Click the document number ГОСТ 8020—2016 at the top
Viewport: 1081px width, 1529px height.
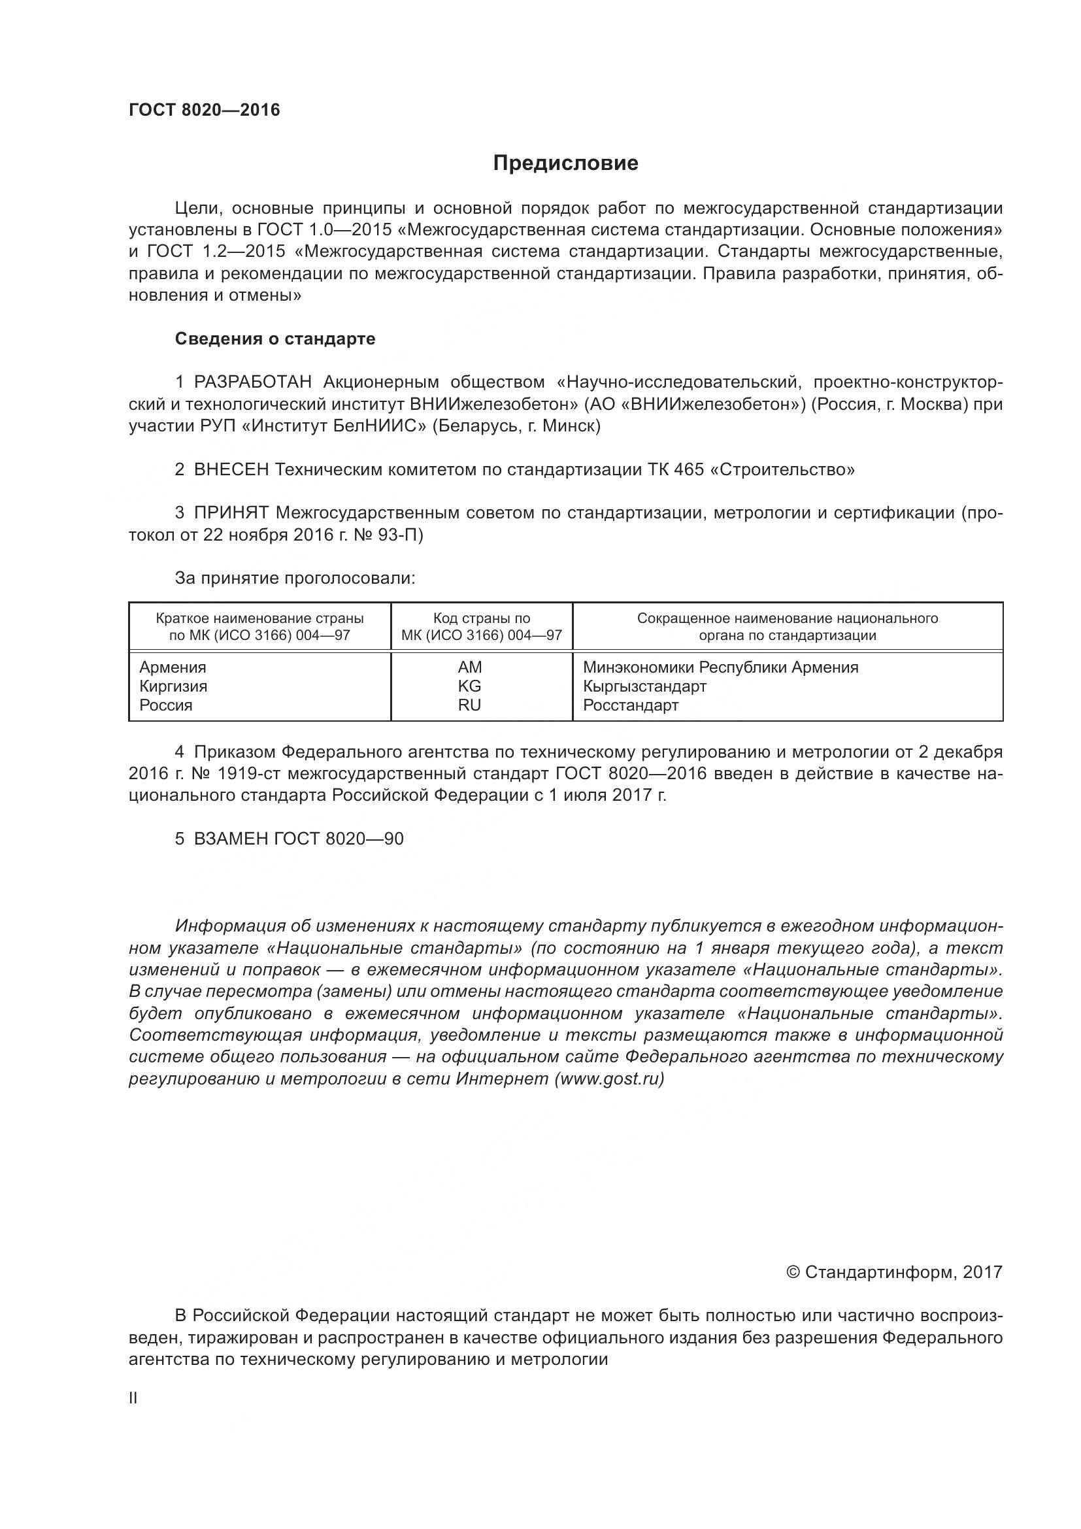click(x=205, y=110)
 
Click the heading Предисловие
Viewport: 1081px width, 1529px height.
click(x=565, y=163)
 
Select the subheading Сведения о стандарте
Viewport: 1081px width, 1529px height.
click(x=275, y=339)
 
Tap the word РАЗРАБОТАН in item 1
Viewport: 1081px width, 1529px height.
click(x=252, y=382)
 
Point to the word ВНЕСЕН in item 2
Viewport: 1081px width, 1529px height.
click(x=231, y=469)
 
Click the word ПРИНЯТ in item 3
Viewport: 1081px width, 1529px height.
click(x=231, y=512)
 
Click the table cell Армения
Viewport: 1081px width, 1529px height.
click(x=173, y=667)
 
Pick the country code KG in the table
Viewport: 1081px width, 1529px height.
click(x=469, y=686)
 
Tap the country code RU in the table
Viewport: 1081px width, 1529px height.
click(x=469, y=705)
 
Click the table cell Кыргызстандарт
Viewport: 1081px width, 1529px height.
click(x=644, y=686)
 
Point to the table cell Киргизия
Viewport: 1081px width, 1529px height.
click(x=173, y=686)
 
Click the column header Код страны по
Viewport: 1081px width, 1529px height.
click(x=481, y=618)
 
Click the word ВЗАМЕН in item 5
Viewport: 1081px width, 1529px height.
click(x=231, y=839)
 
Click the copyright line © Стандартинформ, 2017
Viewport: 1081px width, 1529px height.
click(x=894, y=1273)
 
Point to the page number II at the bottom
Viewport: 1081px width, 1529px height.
click(x=133, y=1398)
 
